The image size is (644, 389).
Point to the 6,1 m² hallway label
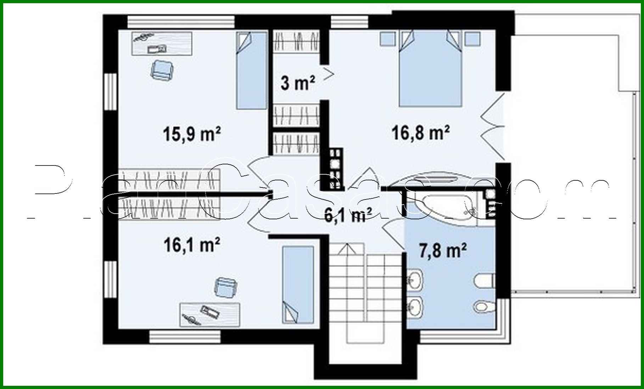pyautogui.click(x=348, y=215)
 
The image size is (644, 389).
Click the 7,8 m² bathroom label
pyautogui.click(x=443, y=251)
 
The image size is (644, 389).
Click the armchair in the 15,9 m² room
pyautogui.click(x=162, y=70)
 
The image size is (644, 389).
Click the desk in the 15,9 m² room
pyautogui.click(x=162, y=43)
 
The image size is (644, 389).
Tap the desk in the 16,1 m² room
pyautogui.click(x=210, y=315)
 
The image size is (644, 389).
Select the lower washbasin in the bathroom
pyautogui.click(x=414, y=304)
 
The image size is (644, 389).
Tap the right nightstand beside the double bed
pyautogui.click(x=473, y=38)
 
